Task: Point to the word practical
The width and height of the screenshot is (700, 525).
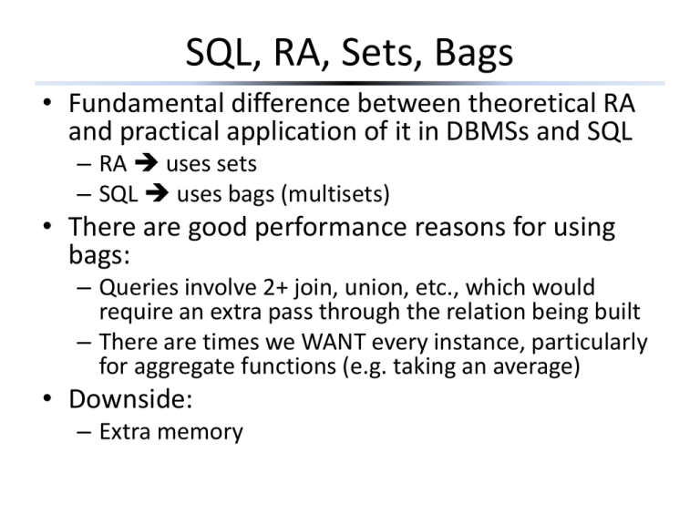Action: tap(169, 134)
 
